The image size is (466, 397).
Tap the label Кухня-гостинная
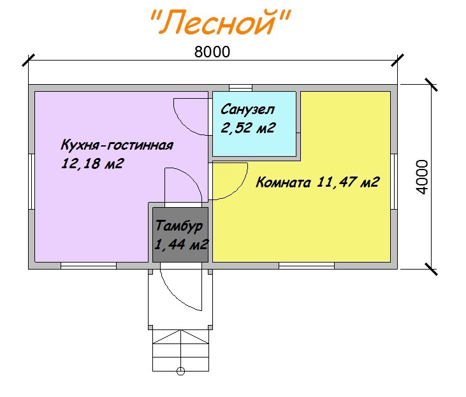click(117, 145)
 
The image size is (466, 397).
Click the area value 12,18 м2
click(92, 164)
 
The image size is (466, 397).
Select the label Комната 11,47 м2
click(317, 183)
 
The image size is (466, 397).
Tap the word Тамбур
click(179, 226)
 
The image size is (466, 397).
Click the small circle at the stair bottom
click(180, 370)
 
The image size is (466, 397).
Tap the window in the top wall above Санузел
click(240, 87)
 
